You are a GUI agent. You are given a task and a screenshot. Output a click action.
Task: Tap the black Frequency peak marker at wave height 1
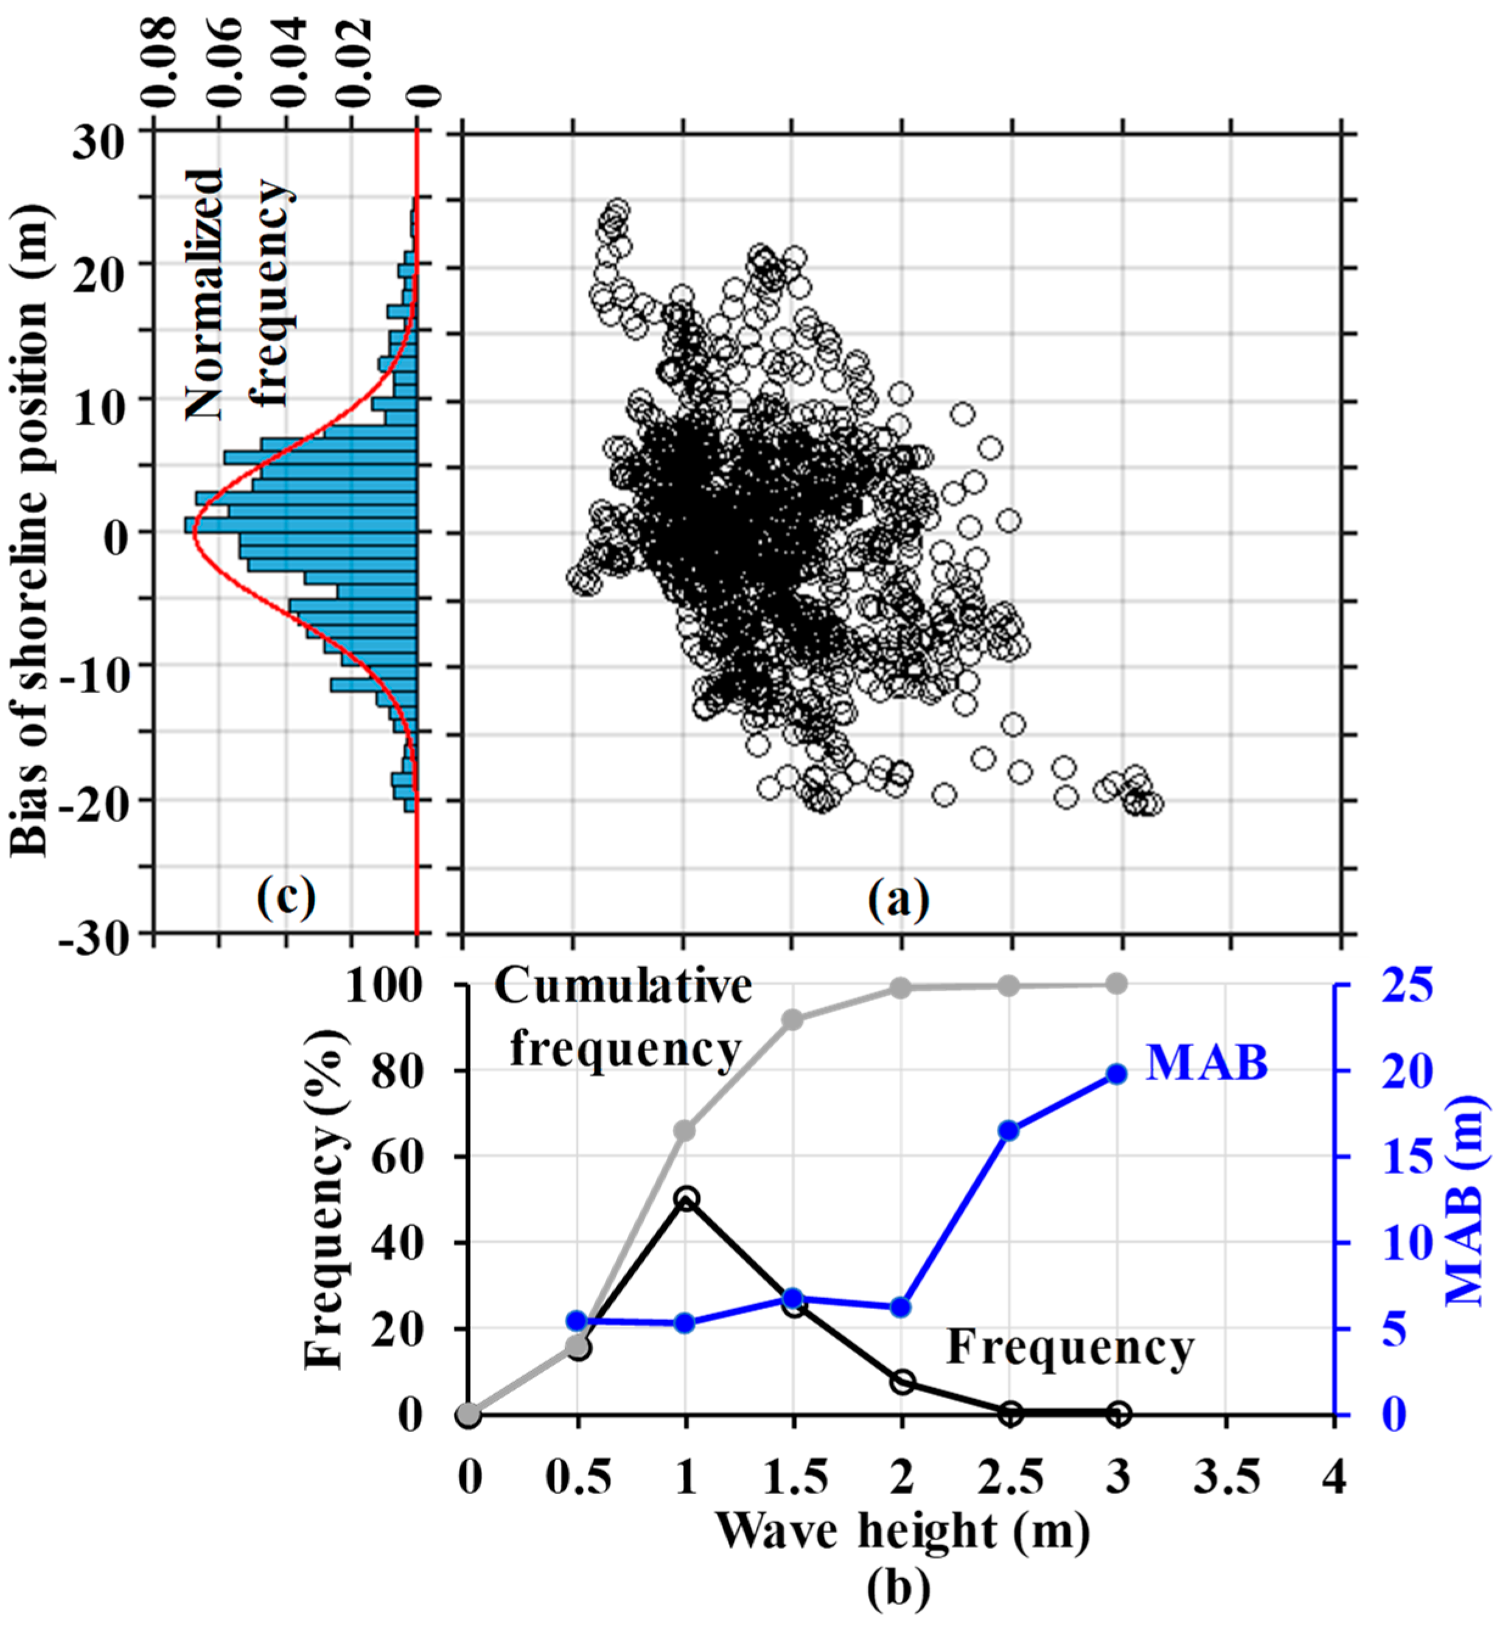click(686, 1198)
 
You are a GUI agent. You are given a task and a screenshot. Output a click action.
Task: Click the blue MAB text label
click(1207, 1063)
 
